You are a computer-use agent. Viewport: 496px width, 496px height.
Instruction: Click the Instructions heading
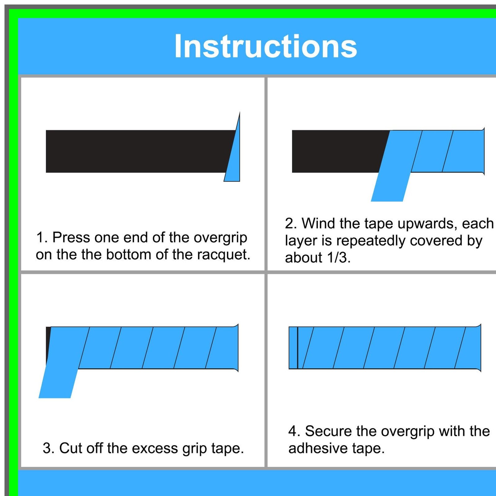266,46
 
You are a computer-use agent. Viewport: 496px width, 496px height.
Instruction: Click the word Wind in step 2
318,224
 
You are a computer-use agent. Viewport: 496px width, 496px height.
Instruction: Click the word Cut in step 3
71,448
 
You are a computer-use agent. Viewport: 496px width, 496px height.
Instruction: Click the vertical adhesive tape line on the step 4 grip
298,348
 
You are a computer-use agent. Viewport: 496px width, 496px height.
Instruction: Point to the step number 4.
293,431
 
